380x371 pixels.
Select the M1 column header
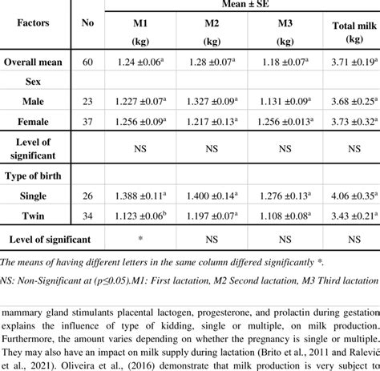(144, 24)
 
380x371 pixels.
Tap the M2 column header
(212, 24)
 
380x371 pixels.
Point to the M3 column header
(281, 24)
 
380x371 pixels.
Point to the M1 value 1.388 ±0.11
(144, 196)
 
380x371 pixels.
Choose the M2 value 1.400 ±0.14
(212, 196)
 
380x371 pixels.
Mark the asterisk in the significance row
(144, 240)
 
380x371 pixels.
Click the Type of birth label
(37, 175)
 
